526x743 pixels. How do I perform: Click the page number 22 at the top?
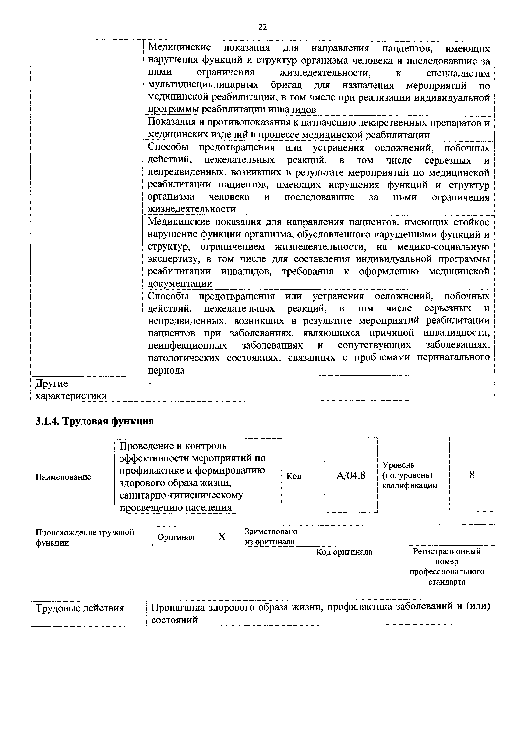(x=263, y=27)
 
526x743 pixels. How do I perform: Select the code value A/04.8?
(x=351, y=475)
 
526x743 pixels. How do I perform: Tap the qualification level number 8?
(x=472, y=475)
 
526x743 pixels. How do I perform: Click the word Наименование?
(x=63, y=477)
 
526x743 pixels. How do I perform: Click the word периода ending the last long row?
(x=166, y=370)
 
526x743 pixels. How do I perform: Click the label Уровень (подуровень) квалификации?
(x=410, y=475)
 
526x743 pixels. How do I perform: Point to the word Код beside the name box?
(x=294, y=476)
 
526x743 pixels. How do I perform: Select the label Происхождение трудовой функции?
(x=85, y=537)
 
